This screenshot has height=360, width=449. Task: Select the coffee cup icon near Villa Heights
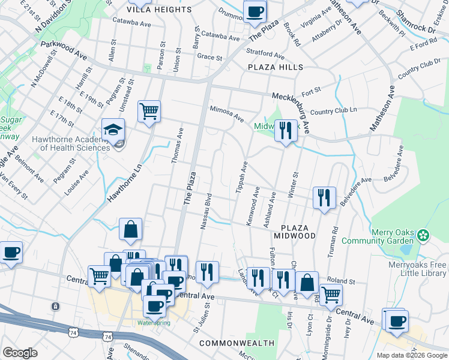pyautogui.click(x=255, y=11)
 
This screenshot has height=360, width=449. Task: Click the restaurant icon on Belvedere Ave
pyautogui.click(x=324, y=197)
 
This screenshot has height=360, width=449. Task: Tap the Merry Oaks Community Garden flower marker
pyautogui.click(x=424, y=233)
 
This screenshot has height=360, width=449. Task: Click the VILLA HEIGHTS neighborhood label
pyautogui.click(x=160, y=10)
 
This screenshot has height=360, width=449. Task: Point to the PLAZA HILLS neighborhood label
pyautogui.click(x=276, y=68)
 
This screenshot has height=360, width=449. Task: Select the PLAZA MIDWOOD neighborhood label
pyautogui.click(x=298, y=232)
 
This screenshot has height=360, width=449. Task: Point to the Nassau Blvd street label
pyautogui.click(x=205, y=211)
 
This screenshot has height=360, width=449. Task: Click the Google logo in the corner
pyautogui.click(x=20, y=353)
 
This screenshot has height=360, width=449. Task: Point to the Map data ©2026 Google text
pyautogui.click(x=411, y=355)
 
